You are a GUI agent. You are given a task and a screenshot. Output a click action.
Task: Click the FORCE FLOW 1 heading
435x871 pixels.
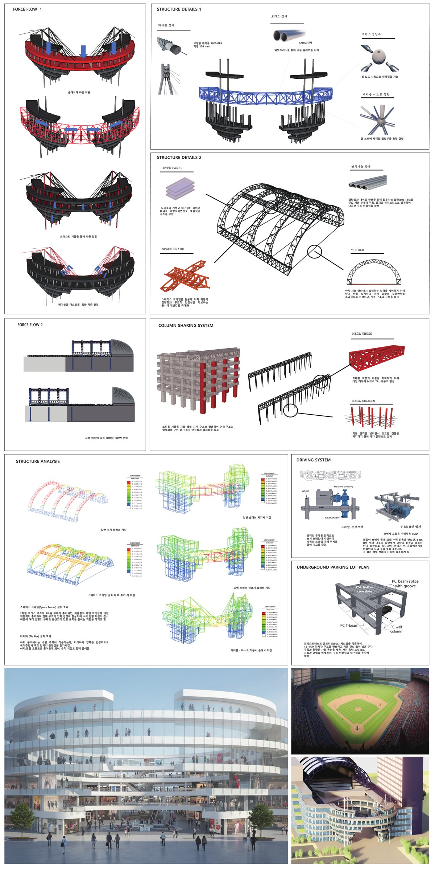tap(27, 9)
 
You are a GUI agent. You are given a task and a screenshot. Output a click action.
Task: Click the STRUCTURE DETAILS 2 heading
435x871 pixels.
tap(179, 158)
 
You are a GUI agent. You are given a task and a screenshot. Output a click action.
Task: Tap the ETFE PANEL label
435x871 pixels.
tap(173, 168)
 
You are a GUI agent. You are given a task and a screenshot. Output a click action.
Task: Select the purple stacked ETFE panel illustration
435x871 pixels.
tap(180, 188)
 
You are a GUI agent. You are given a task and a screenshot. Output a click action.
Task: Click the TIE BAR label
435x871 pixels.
tap(357, 250)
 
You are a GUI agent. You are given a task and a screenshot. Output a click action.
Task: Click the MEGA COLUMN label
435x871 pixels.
tap(363, 401)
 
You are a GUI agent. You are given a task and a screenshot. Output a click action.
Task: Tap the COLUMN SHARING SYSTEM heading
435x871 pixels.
tap(186, 326)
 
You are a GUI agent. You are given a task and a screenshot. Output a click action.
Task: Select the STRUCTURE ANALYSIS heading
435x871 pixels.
tap(38, 461)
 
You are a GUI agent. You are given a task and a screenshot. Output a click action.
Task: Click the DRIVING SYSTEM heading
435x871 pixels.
tap(313, 460)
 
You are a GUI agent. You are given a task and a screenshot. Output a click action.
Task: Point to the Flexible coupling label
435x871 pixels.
tap(343, 487)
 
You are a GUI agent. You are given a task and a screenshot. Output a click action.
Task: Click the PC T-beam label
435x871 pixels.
tap(349, 625)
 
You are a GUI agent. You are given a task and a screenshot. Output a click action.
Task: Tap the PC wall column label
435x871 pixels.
tap(396, 629)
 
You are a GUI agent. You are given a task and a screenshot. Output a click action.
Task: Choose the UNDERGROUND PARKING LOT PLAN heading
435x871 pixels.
tap(333, 567)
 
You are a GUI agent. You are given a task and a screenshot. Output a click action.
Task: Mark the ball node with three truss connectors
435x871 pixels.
tap(379, 58)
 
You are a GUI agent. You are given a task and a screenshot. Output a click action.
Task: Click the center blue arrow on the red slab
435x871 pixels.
tap(84, 52)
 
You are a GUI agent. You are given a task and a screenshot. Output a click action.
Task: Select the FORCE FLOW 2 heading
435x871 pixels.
tap(30, 325)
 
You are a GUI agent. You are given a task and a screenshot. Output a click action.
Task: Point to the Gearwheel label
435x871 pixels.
tap(331, 518)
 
